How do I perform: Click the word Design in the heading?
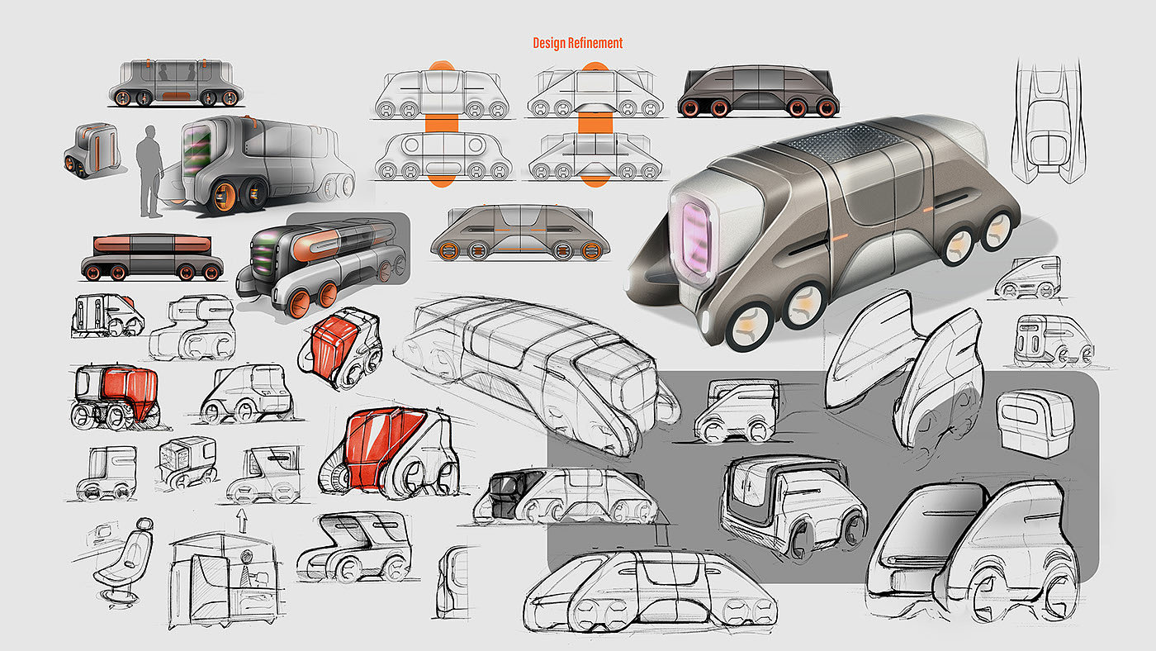point(550,43)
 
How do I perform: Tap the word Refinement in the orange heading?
point(595,43)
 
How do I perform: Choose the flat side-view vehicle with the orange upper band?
point(151,257)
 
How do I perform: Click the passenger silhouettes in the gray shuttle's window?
point(176,75)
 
